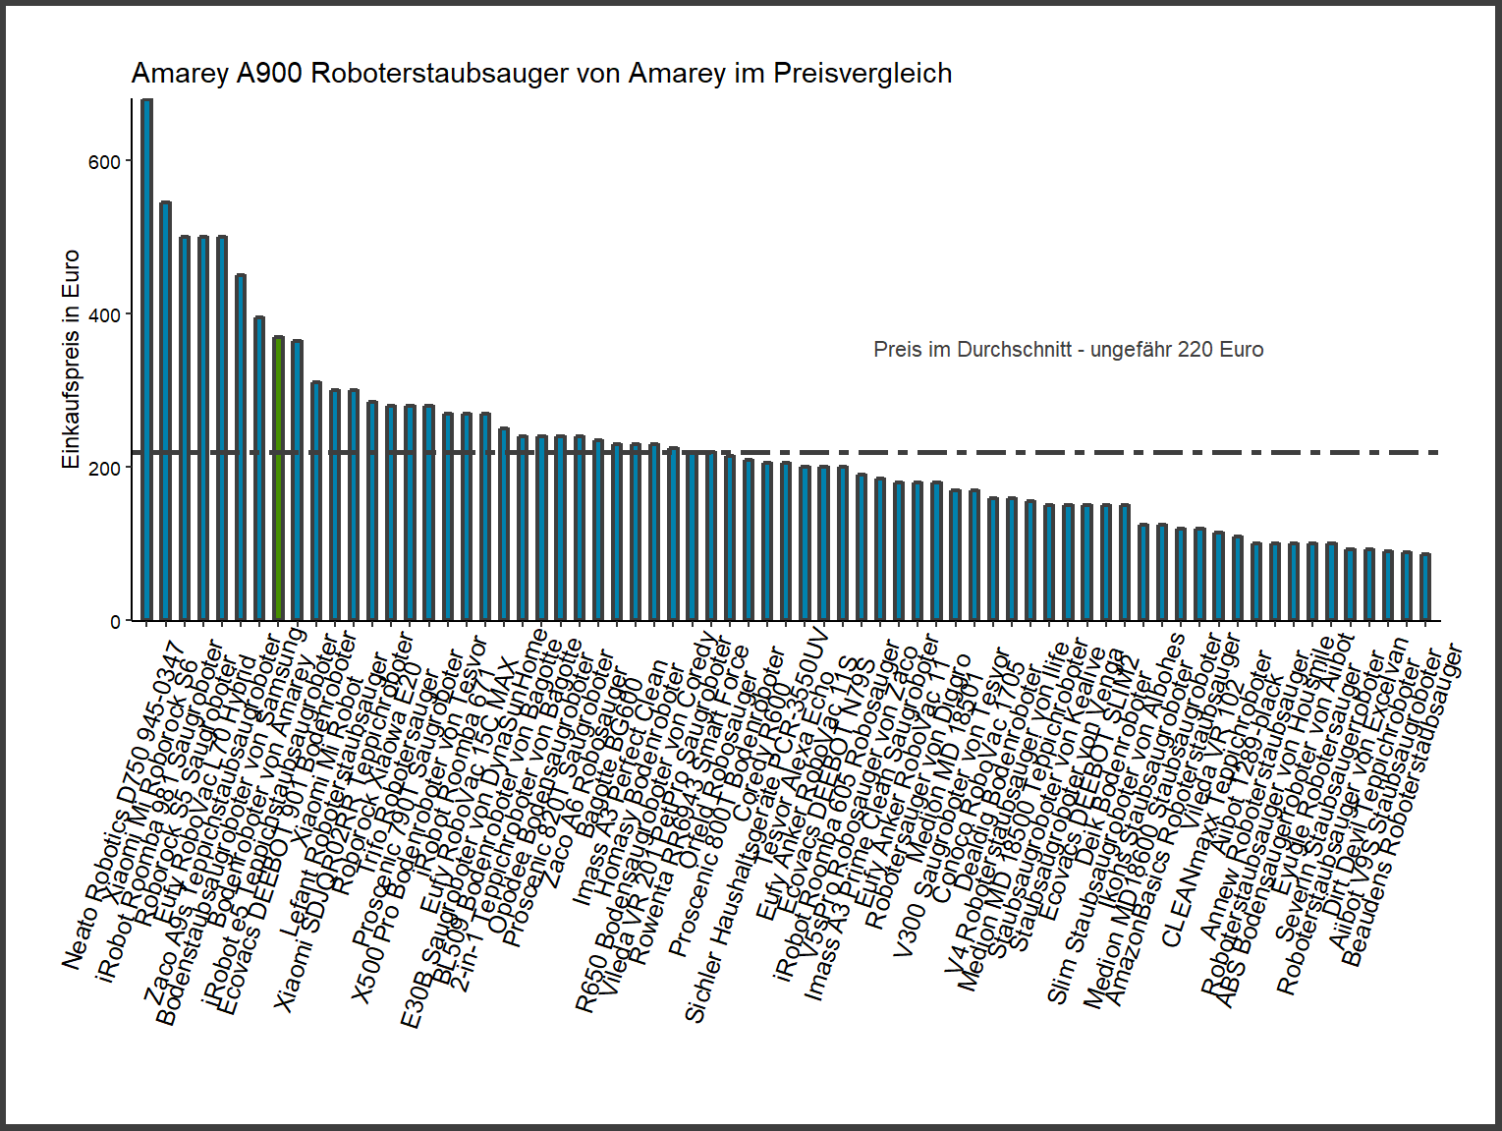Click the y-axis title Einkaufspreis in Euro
click(x=71, y=360)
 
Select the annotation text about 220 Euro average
click(x=1068, y=350)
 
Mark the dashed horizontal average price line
click(x=982, y=452)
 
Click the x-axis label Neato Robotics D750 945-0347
click(x=123, y=806)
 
